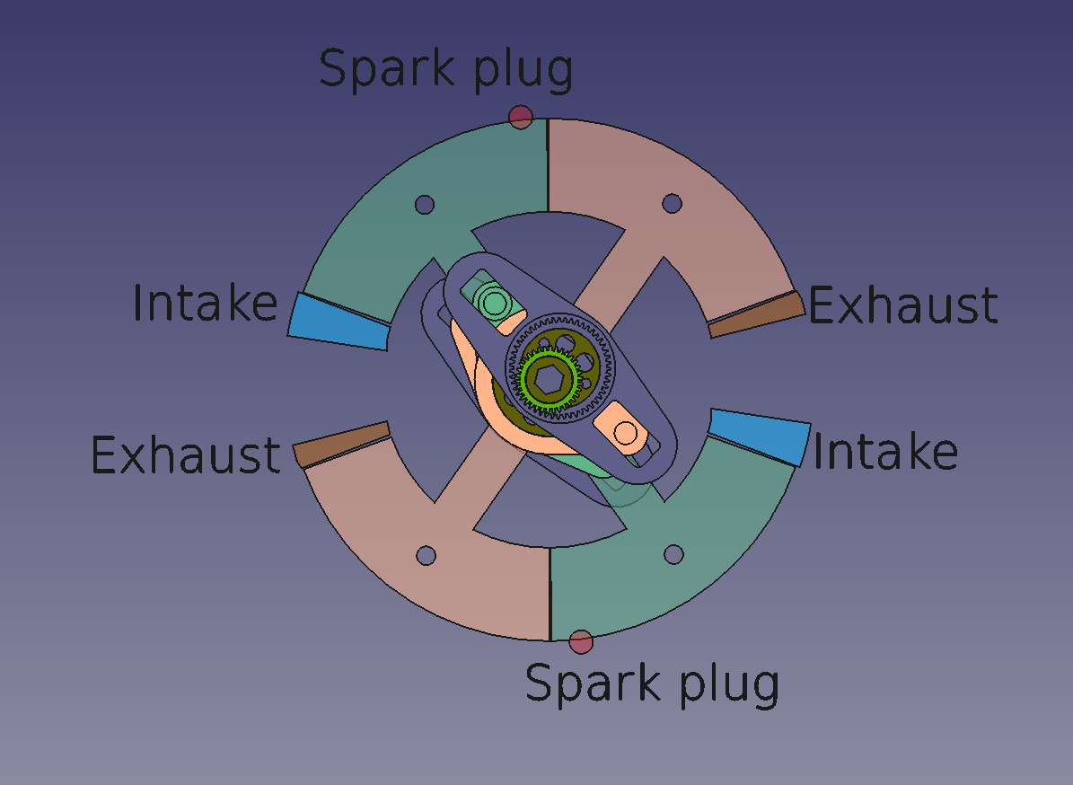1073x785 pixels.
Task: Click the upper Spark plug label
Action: [x=446, y=70]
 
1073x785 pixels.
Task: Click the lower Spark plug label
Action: [x=652, y=684]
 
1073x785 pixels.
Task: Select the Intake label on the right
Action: [x=885, y=452]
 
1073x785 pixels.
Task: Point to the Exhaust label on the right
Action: [x=902, y=304]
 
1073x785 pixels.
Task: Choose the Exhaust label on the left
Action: [x=186, y=454]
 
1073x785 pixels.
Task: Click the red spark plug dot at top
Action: [x=521, y=117]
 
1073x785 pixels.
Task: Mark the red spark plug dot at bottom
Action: [x=581, y=642]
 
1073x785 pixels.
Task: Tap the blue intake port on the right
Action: [x=760, y=437]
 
